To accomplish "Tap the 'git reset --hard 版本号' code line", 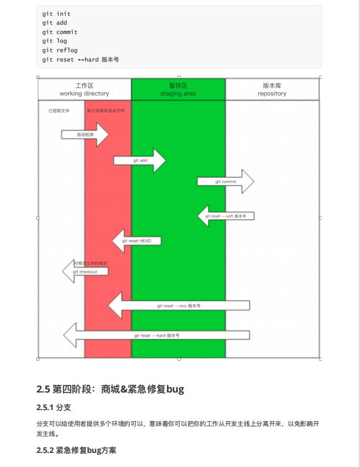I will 80,60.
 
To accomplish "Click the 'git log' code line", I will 55,41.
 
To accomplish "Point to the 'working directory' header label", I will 84,94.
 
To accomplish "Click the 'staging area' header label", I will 178,94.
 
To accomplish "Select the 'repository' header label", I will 272,94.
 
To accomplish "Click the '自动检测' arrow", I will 85,135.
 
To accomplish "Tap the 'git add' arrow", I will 140,160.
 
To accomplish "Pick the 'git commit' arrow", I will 226,182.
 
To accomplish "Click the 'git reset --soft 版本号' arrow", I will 226,216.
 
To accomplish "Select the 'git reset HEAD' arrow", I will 136,241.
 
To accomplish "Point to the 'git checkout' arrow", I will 85,272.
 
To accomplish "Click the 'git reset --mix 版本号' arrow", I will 179,306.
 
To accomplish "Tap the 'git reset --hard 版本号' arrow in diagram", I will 156,336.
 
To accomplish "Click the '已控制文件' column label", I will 59,110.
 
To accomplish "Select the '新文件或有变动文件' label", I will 106,110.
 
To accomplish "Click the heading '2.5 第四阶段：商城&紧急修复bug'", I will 110,389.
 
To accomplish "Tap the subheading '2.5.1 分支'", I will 53,407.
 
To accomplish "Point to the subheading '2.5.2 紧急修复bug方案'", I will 76,451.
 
